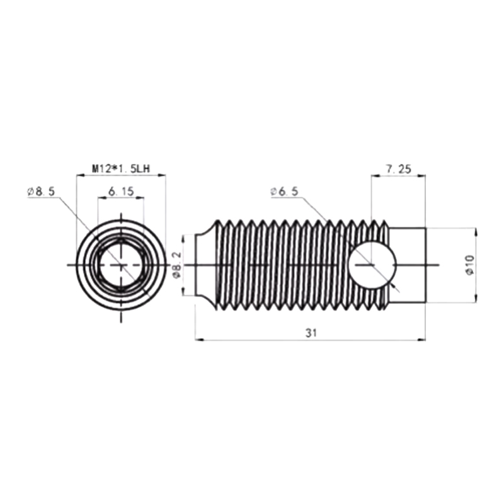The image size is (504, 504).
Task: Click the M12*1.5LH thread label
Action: (x=121, y=169)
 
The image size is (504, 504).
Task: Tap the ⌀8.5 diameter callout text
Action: (x=41, y=192)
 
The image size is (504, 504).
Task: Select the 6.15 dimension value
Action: (x=121, y=192)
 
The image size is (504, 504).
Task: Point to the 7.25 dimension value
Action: (x=399, y=169)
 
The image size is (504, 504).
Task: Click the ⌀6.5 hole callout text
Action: (x=285, y=192)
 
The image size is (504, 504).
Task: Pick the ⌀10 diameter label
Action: (x=470, y=265)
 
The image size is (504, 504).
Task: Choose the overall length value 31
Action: (x=311, y=333)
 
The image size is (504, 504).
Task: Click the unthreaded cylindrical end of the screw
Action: (x=407, y=265)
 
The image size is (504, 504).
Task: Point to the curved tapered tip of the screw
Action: (x=206, y=265)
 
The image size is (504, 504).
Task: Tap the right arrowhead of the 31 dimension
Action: (x=421, y=340)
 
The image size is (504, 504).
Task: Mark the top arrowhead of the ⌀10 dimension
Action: (x=476, y=232)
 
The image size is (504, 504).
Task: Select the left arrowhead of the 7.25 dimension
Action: (x=375, y=176)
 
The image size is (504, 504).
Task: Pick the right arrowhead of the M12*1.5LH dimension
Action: (x=161, y=175)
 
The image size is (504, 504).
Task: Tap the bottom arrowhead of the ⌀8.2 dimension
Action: (x=183, y=291)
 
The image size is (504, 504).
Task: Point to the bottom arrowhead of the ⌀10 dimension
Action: (x=476, y=298)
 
